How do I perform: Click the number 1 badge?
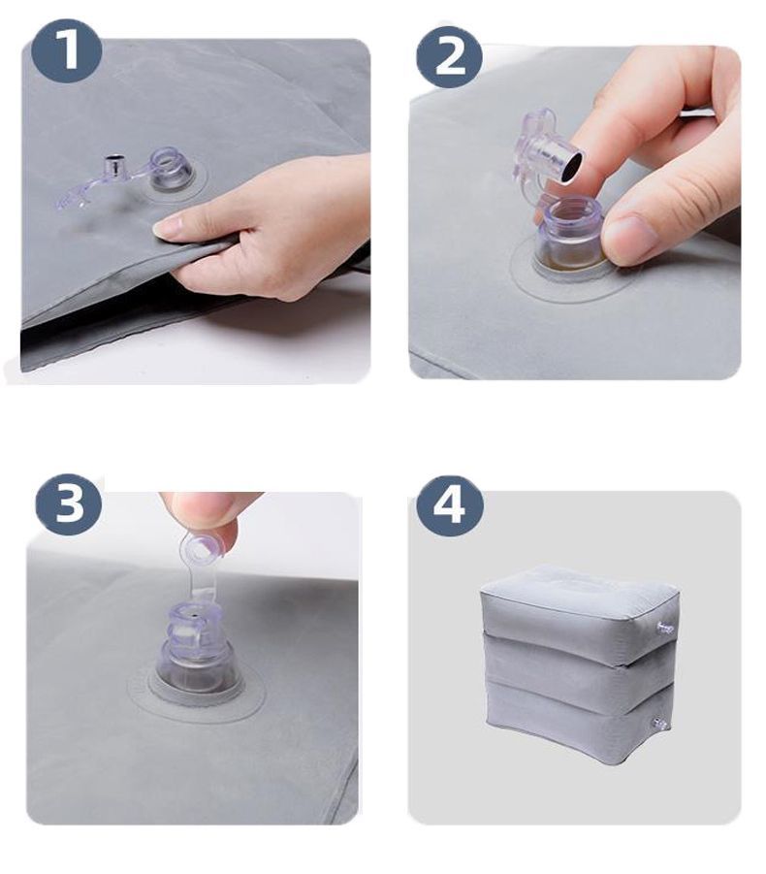click(66, 50)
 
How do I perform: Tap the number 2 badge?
click(449, 55)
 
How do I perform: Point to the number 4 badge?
click(450, 505)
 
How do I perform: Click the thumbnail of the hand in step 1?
click(167, 225)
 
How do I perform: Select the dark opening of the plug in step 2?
click(570, 167)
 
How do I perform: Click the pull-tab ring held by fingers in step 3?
click(201, 547)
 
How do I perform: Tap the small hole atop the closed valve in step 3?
click(195, 616)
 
